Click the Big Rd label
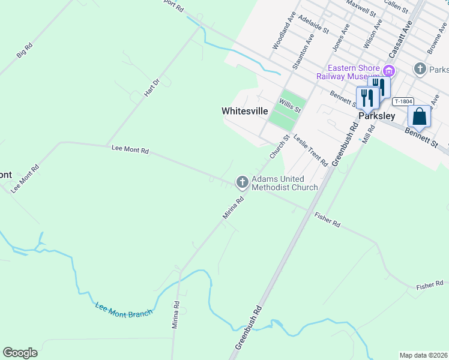pos(25,50)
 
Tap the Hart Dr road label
pos(152,88)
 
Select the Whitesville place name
pos(244,111)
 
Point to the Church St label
pos(280,146)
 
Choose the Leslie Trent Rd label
pos(310,150)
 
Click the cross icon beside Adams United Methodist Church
pos(242,181)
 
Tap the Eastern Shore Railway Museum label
pos(353,73)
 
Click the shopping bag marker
pos(420,116)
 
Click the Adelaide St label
pos(313,24)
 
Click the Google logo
pos(20,353)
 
